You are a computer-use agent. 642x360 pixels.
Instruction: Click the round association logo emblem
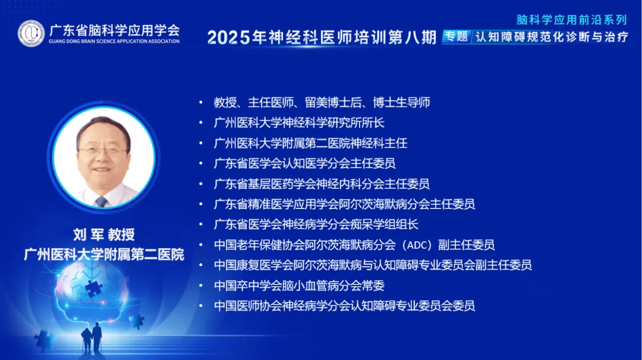point(31,33)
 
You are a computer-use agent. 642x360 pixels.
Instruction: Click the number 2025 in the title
point(228,37)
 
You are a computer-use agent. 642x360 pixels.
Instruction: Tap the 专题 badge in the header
point(457,37)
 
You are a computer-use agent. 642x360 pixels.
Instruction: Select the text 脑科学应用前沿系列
point(572,20)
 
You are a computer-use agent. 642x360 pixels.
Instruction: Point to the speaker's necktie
point(101,201)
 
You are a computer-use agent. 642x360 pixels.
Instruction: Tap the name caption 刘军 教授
point(104,235)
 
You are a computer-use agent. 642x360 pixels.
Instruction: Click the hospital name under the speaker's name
point(104,254)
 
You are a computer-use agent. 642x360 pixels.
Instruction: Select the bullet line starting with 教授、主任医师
point(322,102)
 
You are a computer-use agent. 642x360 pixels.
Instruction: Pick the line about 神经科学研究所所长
point(299,123)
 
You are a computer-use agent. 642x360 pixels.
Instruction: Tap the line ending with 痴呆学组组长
point(316,224)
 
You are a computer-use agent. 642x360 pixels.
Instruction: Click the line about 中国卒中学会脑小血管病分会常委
point(299,286)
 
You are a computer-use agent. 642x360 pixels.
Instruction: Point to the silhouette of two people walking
point(92,337)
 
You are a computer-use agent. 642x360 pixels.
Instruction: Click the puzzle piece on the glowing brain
point(93,288)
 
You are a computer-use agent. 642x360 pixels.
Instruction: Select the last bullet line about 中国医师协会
point(344,305)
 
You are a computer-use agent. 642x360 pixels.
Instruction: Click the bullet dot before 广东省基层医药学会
point(201,184)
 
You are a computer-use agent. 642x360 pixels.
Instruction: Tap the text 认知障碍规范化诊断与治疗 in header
point(552,37)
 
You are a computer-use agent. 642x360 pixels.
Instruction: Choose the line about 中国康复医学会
point(373,265)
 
